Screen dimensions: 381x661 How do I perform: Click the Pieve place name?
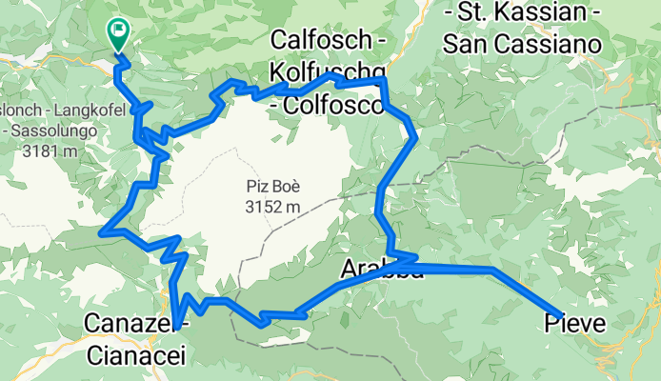coord(574,324)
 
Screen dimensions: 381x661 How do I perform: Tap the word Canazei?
coord(134,325)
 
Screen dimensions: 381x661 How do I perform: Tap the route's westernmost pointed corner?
coord(102,231)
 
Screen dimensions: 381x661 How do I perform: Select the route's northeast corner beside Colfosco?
coord(385,83)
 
